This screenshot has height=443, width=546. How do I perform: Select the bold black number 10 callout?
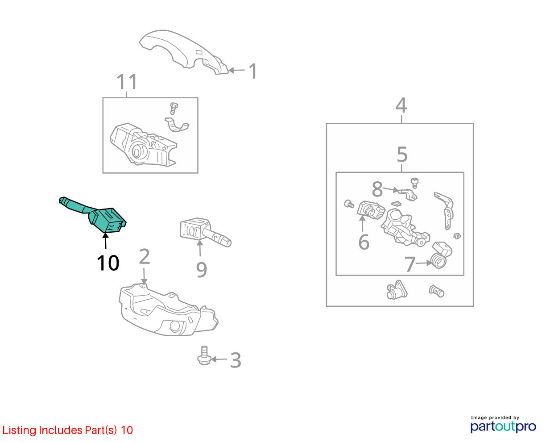coord(108,263)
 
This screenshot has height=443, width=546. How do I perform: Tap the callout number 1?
coord(253,71)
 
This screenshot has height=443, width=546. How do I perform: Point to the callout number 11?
coord(127,82)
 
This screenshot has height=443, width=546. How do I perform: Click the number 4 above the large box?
coord(401,105)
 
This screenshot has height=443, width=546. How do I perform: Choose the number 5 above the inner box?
coord(402,154)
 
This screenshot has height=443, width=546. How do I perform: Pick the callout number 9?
coord(202,270)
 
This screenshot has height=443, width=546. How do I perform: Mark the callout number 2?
coord(145,256)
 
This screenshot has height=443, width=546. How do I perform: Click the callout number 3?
coord(236,360)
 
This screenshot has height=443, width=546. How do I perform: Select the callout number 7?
coord(409,264)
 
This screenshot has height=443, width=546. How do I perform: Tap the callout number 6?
coord(364,242)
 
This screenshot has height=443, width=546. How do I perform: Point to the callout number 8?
coord(377,189)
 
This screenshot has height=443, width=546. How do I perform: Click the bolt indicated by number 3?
coord(204,355)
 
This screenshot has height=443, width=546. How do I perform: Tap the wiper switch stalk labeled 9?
coord(205,232)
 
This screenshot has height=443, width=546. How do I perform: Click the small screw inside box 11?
coord(174,109)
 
